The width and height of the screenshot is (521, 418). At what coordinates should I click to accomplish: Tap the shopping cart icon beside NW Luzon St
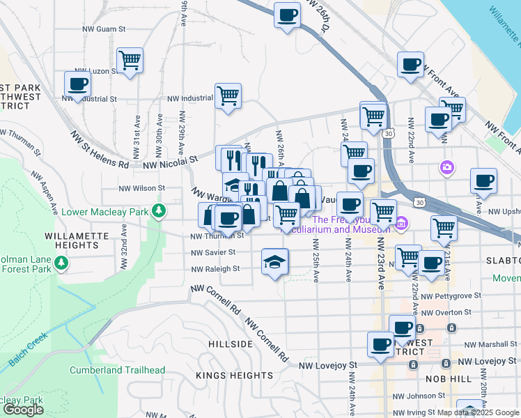(x=130, y=61)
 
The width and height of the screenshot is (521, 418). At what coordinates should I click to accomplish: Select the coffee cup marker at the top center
(x=286, y=16)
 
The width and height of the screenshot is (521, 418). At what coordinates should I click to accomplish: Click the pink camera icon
(x=446, y=167)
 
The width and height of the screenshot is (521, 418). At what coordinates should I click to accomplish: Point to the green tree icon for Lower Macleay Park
(x=160, y=210)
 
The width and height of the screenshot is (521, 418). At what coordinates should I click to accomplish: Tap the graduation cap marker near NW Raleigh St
(x=275, y=262)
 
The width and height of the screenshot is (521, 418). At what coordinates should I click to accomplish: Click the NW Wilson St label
(x=141, y=188)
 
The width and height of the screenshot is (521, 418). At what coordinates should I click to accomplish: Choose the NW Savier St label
(x=214, y=252)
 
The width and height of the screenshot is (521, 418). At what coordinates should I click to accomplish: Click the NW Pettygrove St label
(x=451, y=296)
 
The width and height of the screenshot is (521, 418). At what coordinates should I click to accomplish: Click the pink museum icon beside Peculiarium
(x=401, y=224)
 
